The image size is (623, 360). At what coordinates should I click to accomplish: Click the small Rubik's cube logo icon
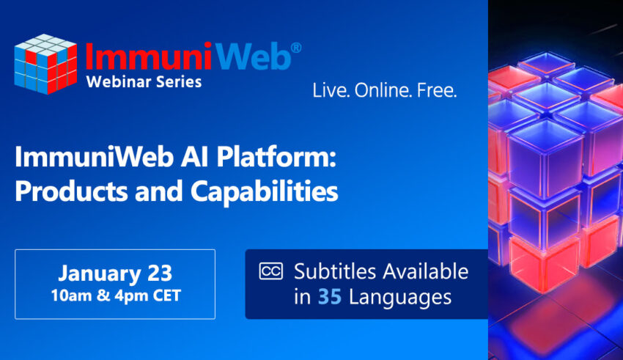(45, 65)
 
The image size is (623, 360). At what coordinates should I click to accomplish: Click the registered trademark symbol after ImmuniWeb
(296, 48)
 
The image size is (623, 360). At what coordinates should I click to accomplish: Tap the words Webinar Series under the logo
(144, 82)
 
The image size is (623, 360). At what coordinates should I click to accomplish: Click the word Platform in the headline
(276, 157)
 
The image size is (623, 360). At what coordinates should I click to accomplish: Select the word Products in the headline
(72, 191)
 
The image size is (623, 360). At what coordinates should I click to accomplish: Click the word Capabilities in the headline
(264, 192)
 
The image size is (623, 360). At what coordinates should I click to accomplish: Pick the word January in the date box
(100, 273)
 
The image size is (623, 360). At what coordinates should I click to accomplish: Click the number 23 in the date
(160, 273)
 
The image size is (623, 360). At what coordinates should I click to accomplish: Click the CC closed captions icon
(271, 271)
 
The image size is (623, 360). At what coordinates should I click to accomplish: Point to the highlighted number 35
(330, 297)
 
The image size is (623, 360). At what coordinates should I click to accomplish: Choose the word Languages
(400, 298)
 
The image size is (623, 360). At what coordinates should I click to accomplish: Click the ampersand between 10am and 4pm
(103, 295)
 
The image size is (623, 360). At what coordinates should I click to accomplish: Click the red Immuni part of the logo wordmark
(148, 56)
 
